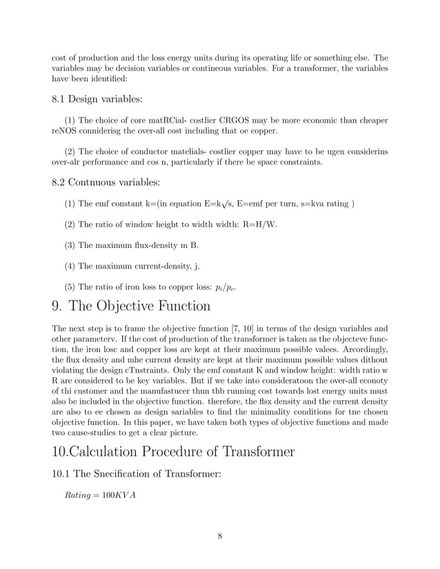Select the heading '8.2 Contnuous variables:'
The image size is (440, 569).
click(x=106, y=183)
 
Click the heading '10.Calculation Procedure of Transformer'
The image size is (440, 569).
click(x=173, y=452)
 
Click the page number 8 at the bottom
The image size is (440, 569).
click(x=219, y=538)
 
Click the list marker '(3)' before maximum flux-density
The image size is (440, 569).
click(x=70, y=245)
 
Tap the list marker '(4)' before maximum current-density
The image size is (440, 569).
click(x=70, y=267)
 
